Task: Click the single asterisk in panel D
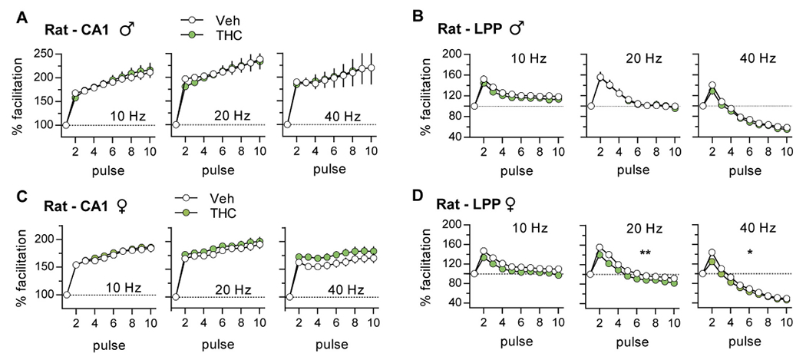748,253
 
